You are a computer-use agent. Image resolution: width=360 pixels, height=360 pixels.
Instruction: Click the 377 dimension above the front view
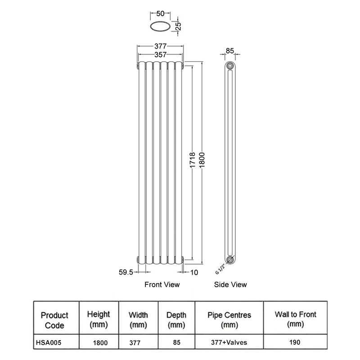pos(161,46)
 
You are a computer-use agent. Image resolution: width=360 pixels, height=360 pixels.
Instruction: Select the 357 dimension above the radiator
pos(161,54)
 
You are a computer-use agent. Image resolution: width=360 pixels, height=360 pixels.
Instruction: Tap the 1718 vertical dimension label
pos(192,161)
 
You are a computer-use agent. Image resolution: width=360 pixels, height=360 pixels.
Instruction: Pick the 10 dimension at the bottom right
pos(194,272)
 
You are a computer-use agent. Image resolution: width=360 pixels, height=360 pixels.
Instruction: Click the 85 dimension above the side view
pos(229,51)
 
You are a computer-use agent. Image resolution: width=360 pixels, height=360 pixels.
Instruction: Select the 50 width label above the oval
pos(160,14)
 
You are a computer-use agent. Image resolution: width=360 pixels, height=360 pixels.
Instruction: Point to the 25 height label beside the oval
pos(178,26)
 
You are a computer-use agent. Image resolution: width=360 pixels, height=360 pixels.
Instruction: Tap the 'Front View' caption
pos(162,284)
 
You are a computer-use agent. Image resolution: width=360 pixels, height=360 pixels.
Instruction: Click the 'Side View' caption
pos(230,284)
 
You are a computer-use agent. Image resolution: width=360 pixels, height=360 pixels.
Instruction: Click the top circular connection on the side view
pos(230,66)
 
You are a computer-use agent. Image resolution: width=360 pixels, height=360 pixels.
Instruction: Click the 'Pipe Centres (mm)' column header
pos(229,319)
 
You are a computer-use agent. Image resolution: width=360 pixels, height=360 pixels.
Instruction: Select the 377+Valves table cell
pos(229,342)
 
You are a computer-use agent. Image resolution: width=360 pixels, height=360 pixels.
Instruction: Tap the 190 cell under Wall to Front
pos(295,342)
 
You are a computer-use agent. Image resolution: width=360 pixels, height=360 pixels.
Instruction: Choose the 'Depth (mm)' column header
pos(176,319)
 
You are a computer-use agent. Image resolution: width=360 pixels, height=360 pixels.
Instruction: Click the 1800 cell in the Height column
pos(100,342)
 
